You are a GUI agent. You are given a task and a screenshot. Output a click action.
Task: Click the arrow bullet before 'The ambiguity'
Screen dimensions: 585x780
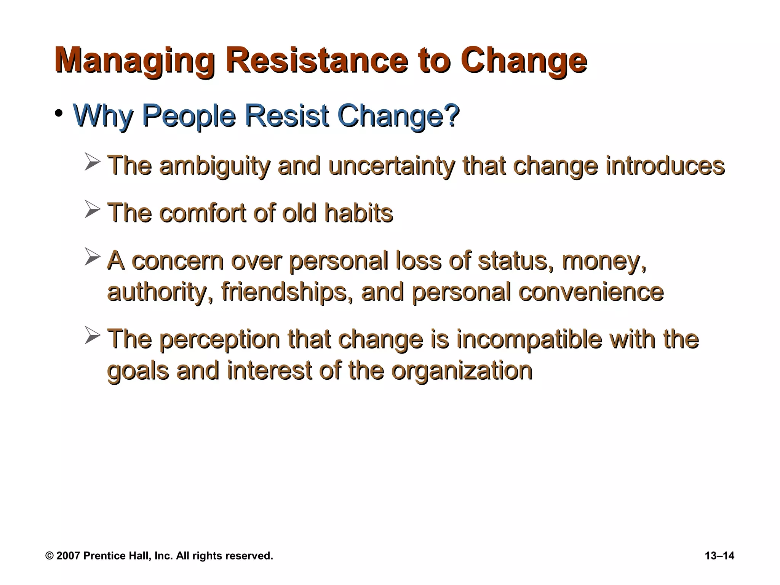92,162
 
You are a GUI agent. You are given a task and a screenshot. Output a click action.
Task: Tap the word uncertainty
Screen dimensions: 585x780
392,166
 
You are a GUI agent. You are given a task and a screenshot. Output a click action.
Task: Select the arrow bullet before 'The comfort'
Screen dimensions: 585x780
92,209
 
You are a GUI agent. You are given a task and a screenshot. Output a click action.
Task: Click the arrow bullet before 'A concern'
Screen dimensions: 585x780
92,257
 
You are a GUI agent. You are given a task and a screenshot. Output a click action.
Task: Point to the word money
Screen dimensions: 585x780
604,261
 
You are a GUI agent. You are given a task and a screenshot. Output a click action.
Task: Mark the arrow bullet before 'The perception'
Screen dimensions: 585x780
92,335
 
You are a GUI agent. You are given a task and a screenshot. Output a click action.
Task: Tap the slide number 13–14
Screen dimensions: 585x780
719,556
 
